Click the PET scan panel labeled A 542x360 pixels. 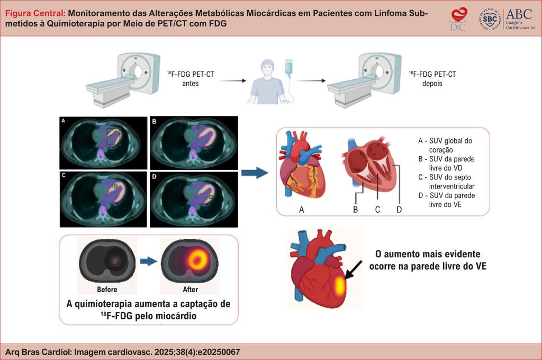[x=103, y=141]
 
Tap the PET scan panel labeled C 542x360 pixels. [x=103, y=196]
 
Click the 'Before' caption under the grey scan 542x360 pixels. [x=107, y=290]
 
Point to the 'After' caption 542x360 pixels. [x=190, y=290]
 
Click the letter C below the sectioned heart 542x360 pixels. [x=377, y=210]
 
